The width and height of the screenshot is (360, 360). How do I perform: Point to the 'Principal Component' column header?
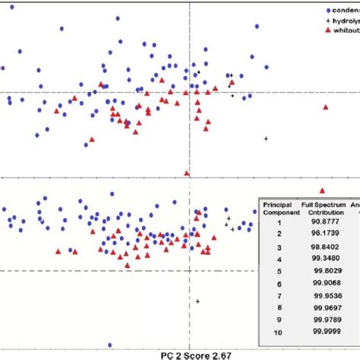278,209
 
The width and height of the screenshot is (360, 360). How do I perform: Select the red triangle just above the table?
322,190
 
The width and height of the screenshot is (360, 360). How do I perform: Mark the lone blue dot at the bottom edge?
110,345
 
